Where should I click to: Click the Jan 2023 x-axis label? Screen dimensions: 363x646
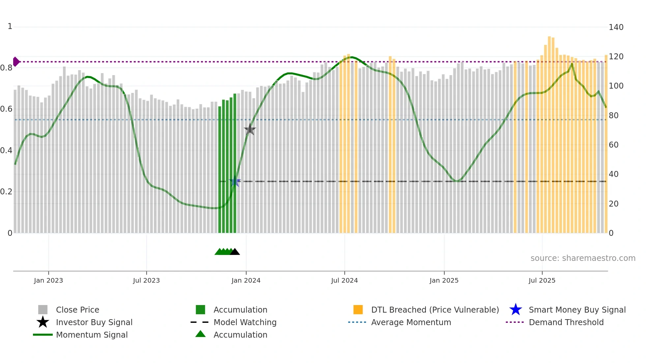tap(48, 280)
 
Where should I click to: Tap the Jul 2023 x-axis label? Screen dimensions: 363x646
tap(146, 280)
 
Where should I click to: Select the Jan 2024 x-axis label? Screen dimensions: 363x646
tap(246, 280)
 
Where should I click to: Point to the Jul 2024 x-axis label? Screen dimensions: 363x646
tap(344, 280)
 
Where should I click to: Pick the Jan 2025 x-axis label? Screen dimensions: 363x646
tap(444, 280)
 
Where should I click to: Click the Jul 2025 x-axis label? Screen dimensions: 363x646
tap(542, 280)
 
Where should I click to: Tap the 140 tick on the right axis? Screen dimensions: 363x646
tap(616, 27)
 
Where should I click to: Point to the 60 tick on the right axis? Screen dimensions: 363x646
tap(614, 145)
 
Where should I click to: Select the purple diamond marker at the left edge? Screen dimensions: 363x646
tap(16, 62)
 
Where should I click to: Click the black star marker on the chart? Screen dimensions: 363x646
tap(250, 129)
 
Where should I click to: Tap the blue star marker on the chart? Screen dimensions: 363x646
tap(235, 181)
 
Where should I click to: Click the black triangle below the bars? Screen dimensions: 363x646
tap(235, 252)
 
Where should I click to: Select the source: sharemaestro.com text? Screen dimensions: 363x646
tap(583, 258)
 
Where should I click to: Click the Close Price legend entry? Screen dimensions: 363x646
tap(77, 310)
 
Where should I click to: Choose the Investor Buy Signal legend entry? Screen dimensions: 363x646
tap(94, 322)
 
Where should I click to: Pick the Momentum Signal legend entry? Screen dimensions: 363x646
tap(92, 335)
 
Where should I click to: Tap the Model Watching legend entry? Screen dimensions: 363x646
tap(245, 322)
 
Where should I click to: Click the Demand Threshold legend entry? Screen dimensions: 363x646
tap(566, 322)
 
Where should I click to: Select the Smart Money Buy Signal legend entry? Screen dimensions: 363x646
tap(577, 310)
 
